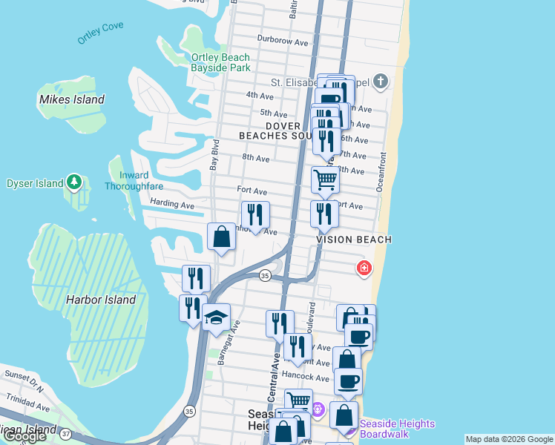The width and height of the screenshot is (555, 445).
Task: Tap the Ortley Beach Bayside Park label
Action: [220, 62]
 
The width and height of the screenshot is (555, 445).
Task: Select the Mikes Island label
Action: [71, 99]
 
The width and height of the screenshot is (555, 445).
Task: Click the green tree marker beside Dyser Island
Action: [73, 181]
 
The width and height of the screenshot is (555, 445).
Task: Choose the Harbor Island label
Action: [101, 300]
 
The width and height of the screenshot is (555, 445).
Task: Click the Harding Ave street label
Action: [171, 204]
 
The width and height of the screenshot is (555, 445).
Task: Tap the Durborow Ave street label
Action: [282, 42]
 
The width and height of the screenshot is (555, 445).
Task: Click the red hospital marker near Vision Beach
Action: [364, 268]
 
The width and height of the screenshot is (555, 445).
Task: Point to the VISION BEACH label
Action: [354, 240]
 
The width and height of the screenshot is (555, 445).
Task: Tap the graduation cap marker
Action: [216, 317]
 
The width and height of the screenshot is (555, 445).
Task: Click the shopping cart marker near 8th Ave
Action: [325, 179]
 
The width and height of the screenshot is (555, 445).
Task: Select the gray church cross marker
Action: [381, 81]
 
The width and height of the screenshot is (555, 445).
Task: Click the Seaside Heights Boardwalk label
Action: [397, 429]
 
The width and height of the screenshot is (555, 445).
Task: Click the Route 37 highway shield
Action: [65, 433]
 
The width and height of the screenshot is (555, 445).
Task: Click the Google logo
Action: [24, 436]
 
